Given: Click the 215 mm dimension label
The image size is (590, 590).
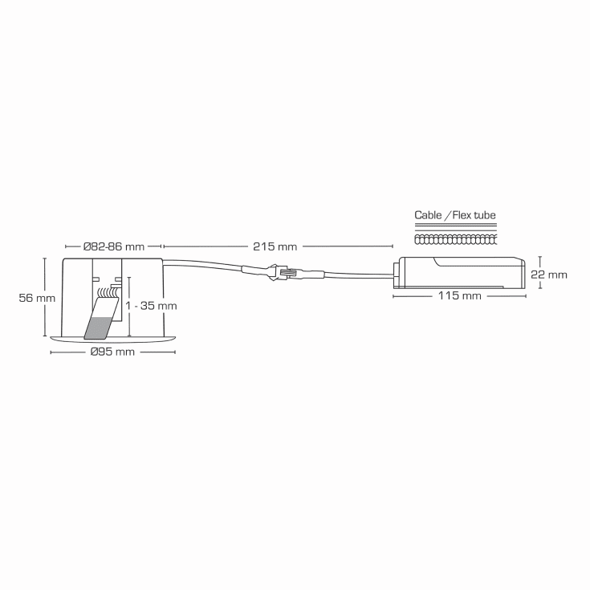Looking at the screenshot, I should coord(275,246).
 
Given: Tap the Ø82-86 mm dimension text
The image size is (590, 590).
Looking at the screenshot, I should coord(113,246).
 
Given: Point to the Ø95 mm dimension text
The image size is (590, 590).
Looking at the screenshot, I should coord(112,352).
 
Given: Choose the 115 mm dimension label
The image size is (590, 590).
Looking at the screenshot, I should coord(459,296).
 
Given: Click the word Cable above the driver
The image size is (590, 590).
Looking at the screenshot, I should coord(428,215).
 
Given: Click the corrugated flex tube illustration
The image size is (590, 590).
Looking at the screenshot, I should coord(455,239).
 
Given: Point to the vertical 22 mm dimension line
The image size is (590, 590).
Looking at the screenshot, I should coord(540,273).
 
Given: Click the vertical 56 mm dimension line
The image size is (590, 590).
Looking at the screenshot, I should coord(45,297).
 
